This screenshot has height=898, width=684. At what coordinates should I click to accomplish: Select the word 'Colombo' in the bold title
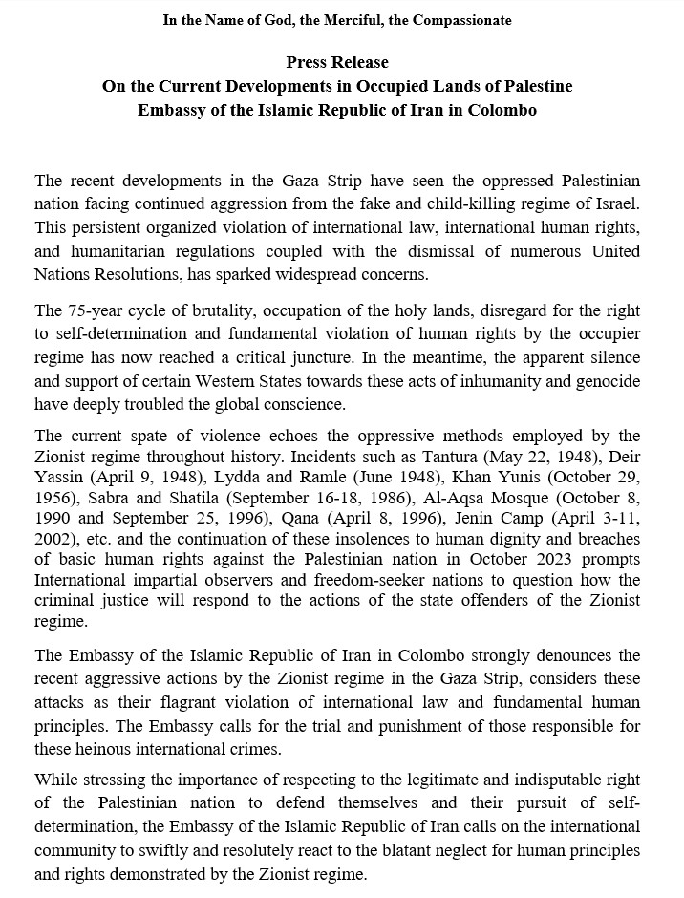(x=502, y=110)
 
